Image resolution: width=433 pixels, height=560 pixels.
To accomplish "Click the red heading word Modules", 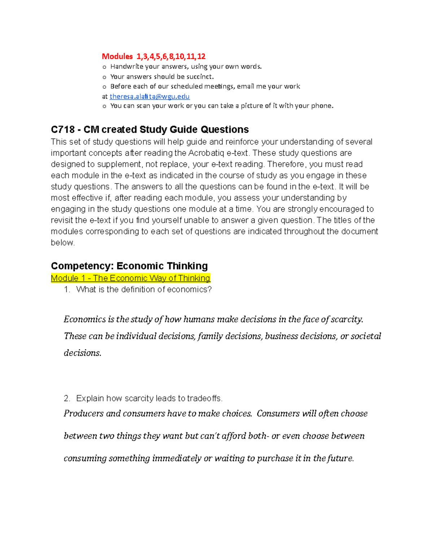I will pyautogui.click(x=117, y=56).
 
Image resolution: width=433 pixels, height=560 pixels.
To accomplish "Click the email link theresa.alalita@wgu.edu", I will pyautogui.click(x=149, y=96).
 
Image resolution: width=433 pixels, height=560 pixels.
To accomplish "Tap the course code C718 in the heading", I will pyautogui.click(x=63, y=129).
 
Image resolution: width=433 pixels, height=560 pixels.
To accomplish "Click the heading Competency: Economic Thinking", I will pyautogui.click(x=129, y=266).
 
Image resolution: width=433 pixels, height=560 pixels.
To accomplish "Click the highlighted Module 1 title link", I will pyautogui.click(x=130, y=278).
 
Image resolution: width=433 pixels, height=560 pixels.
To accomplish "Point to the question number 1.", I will pyautogui.click(x=66, y=290).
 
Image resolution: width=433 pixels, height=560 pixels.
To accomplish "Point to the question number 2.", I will pyautogui.click(x=66, y=398).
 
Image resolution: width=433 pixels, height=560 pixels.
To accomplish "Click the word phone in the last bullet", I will pyautogui.click(x=323, y=106).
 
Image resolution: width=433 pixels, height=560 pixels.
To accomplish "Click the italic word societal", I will pyautogui.click(x=366, y=336).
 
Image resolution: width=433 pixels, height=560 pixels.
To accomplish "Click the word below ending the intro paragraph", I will pyautogui.click(x=62, y=243).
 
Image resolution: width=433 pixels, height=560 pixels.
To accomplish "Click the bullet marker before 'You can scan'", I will pyautogui.click(x=104, y=106).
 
